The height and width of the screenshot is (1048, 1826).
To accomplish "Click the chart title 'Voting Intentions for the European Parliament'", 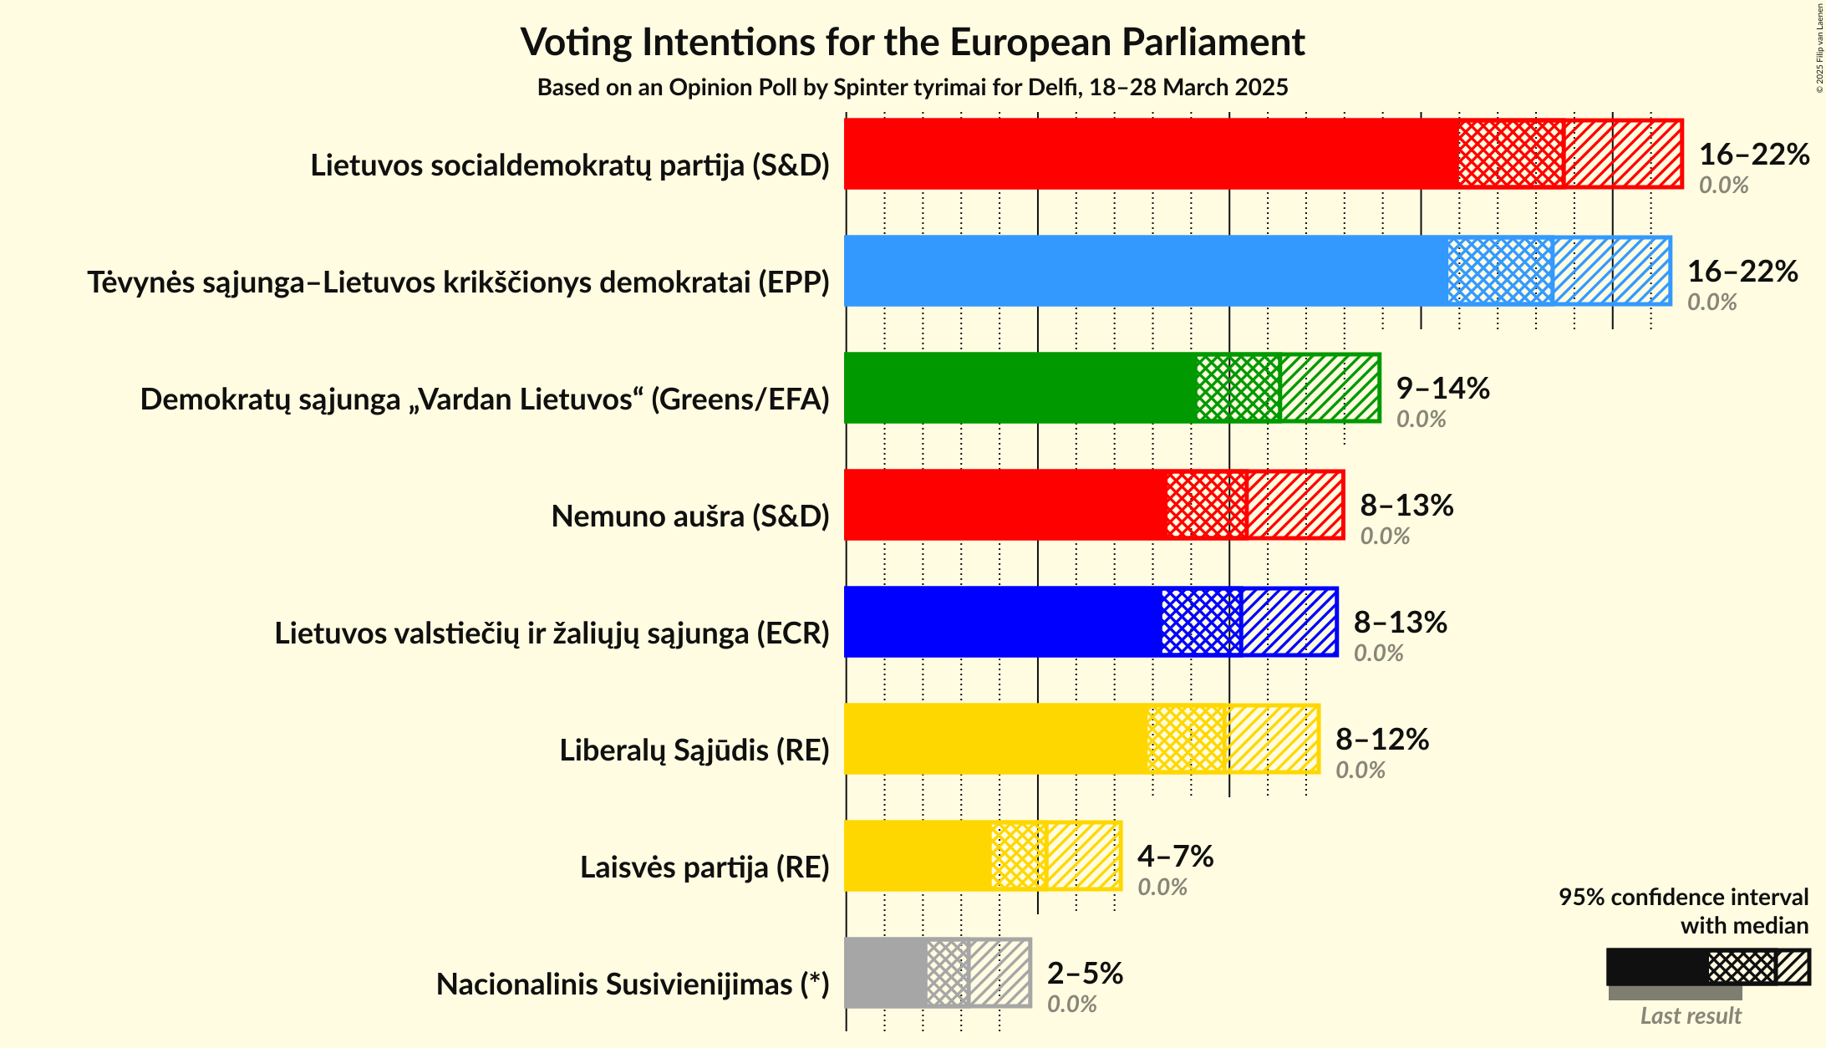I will point(913,42).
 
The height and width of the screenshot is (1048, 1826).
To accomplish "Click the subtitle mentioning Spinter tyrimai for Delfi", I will point(913,88).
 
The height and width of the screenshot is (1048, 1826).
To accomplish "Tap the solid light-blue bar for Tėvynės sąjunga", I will point(1145,271).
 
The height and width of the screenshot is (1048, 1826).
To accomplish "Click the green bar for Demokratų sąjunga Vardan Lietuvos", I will point(1020,388).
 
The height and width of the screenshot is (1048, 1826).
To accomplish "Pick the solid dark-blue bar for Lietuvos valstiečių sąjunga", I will point(1003,622).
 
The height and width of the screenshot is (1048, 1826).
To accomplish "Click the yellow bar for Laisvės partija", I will point(918,856).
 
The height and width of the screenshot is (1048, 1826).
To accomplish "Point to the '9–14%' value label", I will point(1443,388).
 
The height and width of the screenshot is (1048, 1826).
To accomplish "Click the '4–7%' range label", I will point(1175,856).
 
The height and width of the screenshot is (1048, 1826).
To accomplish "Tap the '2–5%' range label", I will point(1085,973).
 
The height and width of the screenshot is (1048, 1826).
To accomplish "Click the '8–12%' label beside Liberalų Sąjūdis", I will point(1382,739).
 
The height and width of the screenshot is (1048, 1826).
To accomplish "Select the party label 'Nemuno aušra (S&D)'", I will point(690,516).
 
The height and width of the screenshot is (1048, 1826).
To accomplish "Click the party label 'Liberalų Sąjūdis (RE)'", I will point(694,750).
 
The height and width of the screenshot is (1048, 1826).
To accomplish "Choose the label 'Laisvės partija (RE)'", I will point(704,867).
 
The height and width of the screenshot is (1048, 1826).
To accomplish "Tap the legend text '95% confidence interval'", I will point(1683,897).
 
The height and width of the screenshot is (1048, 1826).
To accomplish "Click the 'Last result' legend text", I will point(1691,1015).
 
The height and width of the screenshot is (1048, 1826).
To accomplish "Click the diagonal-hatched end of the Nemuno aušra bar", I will point(1295,505).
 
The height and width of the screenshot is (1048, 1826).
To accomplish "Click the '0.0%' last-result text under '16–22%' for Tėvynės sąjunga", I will point(1712,302).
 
